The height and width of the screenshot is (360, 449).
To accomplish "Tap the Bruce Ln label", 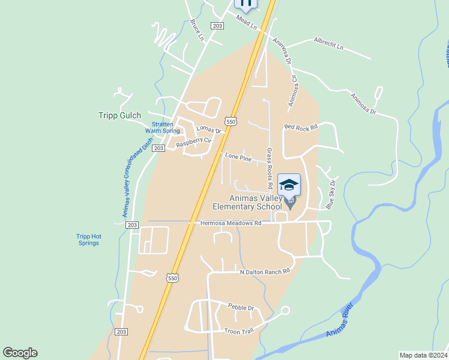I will (197, 30).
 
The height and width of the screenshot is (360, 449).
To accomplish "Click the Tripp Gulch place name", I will (119, 116).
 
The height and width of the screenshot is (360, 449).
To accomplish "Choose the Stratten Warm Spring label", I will (162, 127).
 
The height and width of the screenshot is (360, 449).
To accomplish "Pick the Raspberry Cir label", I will (193, 142).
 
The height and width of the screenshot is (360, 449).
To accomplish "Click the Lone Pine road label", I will (238, 157).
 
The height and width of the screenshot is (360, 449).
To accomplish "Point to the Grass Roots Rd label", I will (270, 166).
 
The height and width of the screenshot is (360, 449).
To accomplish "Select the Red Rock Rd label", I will (301, 127).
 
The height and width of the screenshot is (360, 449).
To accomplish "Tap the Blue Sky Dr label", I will (330, 195).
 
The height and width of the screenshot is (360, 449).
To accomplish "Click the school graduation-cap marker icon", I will (289, 185).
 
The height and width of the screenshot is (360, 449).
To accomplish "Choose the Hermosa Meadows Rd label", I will (231, 223).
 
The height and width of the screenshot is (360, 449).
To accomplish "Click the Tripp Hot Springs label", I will (89, 239).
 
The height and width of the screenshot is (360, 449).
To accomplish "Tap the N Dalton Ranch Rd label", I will (265, 272).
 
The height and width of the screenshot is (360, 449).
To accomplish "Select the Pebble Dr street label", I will (241, 307).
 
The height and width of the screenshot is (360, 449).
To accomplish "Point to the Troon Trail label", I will (239, 331).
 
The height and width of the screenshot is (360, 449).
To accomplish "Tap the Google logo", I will (20, 353).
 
